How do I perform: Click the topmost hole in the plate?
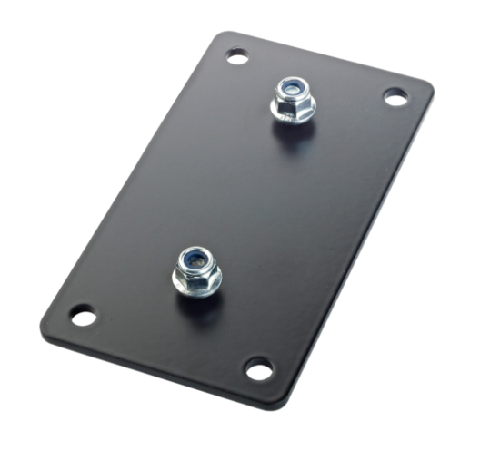(237, 56)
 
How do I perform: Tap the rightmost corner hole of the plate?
(395, 96)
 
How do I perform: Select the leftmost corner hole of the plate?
(83, 317)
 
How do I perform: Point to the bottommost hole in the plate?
(258, 369)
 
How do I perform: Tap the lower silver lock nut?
(195, 269)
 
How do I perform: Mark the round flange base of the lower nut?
(197, 287)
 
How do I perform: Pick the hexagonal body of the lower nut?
(196, 273)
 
